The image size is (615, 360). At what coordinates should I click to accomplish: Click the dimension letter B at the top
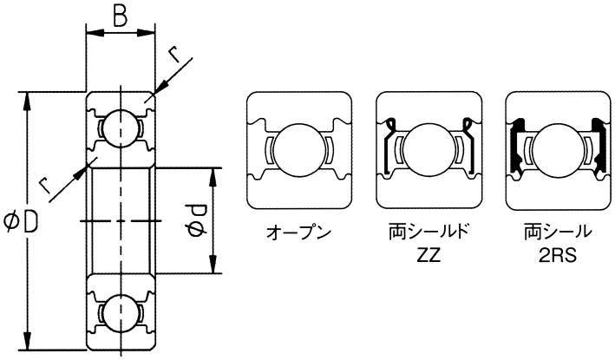pos(121,17)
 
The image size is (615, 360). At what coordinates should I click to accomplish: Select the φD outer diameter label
pos(21,222)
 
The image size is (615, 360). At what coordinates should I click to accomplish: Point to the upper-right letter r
pos(174,54)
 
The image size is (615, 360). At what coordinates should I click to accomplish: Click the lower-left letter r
pos(45,185)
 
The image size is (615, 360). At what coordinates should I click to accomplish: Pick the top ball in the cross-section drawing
pos(120,128)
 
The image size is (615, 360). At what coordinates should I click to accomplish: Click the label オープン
pos(299,232)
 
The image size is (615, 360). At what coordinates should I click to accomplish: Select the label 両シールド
pos(429,232)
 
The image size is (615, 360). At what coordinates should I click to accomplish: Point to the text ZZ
pos(429,255)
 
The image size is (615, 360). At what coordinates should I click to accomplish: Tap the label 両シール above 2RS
pos(558,232)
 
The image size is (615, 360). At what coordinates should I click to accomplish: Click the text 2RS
pos(558,256)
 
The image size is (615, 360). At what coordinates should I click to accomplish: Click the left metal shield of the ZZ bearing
pos(389,146)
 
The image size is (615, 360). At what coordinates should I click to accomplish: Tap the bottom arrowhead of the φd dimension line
pos(213,264)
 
